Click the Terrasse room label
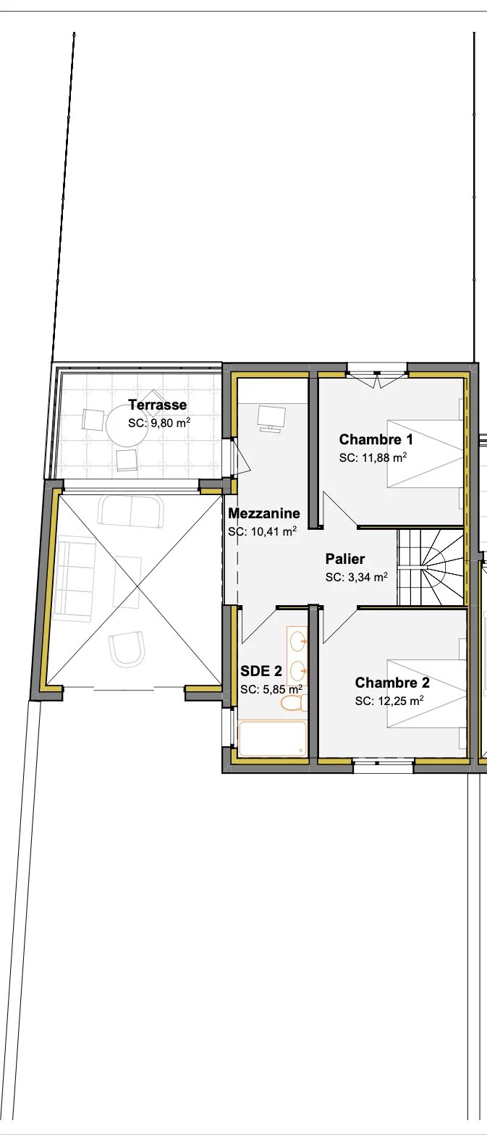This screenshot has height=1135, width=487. (158, 405)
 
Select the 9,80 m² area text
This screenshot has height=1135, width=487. (170, 423)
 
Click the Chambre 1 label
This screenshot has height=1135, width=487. (376, 439)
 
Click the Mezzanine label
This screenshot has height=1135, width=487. (264, 513)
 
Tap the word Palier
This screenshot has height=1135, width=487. (345, 559)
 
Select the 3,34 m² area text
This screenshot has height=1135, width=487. (368, 577)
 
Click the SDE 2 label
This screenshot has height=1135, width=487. (261, 672)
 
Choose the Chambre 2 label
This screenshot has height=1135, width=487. (392, 683)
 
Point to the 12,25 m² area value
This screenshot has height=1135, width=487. (400, 701)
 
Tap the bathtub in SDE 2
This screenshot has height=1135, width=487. (273, 738)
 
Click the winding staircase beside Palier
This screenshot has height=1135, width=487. (431, 567)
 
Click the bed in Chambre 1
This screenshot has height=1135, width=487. (425, 453)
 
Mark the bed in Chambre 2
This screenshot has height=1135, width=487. (426, 693)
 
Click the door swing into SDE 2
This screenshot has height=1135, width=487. (258, 623)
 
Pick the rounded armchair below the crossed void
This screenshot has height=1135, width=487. (127, 649)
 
